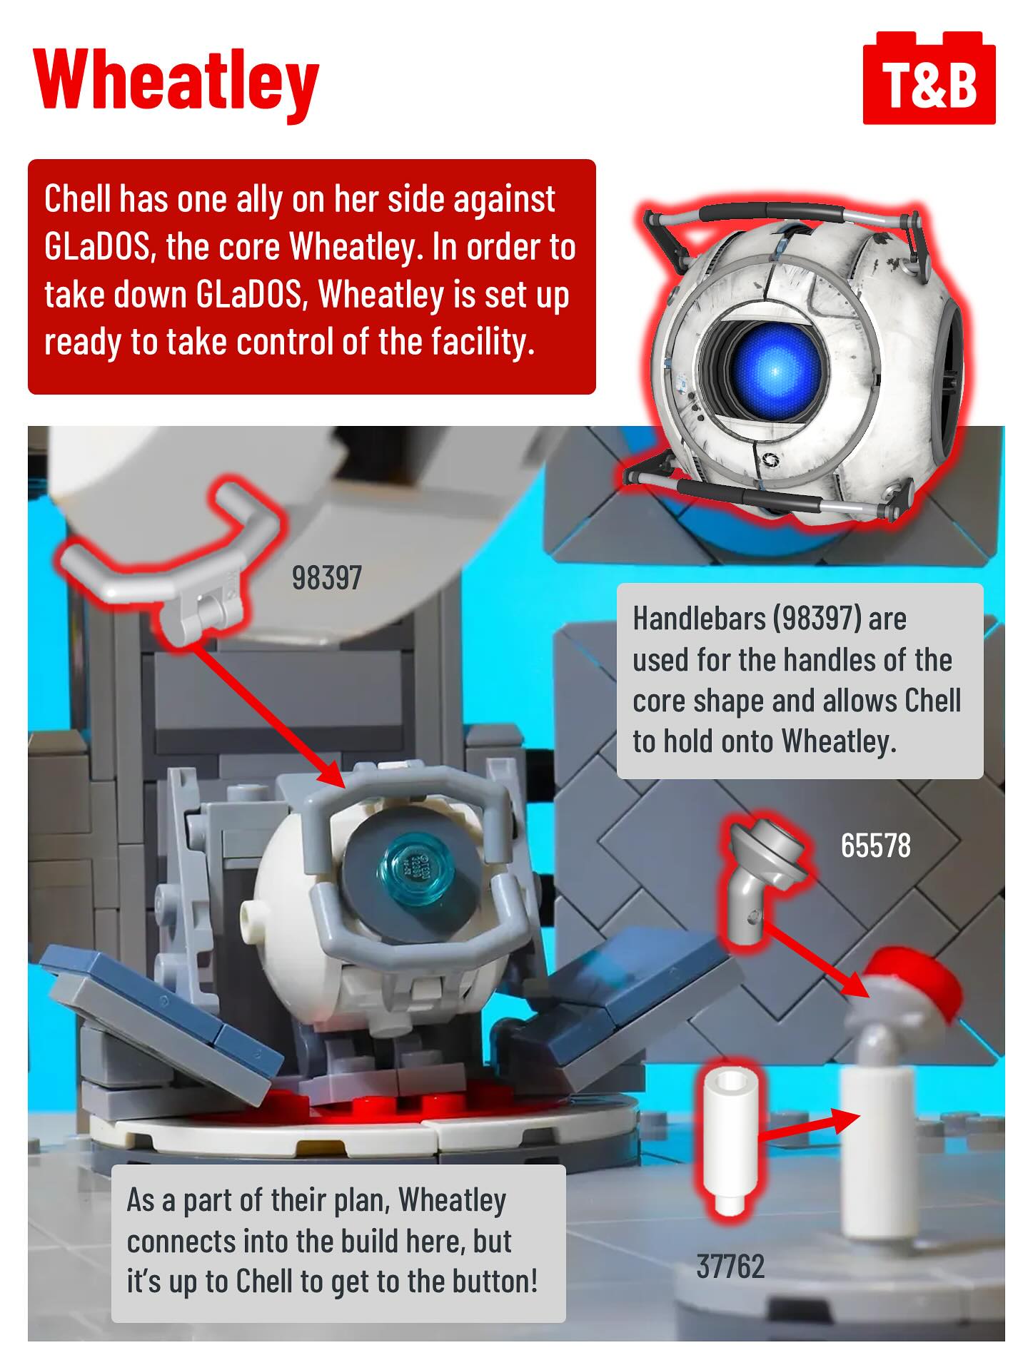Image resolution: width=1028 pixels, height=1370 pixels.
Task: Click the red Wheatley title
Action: [176, 81]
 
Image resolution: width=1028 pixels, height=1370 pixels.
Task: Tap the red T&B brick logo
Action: [929, 78]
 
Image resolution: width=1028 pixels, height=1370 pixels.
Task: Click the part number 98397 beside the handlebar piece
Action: [327, 578]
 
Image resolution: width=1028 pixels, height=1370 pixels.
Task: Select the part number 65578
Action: [875, 846]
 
